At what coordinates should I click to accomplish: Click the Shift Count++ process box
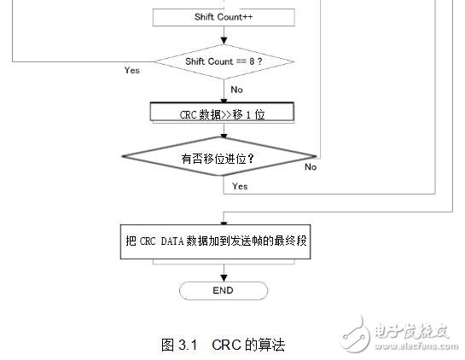224,17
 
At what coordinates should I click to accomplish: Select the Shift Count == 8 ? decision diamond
224,61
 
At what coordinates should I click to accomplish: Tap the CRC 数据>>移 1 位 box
222,113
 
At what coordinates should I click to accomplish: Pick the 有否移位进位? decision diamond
219,158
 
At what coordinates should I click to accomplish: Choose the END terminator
223,290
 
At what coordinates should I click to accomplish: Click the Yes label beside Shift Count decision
131,70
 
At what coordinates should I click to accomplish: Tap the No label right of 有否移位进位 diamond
311,166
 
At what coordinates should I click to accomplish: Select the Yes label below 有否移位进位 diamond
240,185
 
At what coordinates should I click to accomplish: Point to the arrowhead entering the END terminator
223,278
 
